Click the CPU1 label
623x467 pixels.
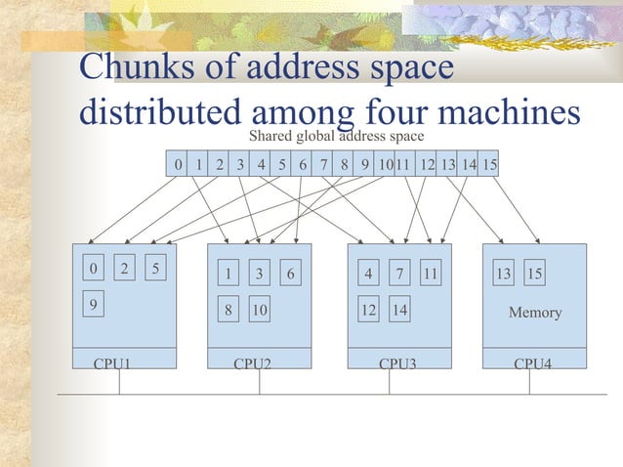[112, 363]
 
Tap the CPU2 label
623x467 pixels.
[252, 363]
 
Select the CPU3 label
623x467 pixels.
[397, 363]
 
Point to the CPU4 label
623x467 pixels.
[533, 363]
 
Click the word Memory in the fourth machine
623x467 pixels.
[535, 313]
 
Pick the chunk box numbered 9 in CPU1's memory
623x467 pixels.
[93, 304]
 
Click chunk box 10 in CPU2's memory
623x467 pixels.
[259, 311]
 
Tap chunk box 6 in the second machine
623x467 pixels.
[291, 275]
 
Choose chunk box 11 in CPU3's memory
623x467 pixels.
[431, 275]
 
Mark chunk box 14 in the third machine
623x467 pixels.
[399, 311]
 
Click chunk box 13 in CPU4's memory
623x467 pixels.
[503, 275]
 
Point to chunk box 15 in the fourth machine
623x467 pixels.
[535, 275]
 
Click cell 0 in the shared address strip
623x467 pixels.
[177, 165]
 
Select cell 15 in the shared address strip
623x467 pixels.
[489, 165]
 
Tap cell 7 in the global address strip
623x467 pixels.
[323, 165]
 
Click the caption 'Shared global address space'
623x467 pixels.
[336, 136]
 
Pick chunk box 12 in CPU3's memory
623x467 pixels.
[368, 311]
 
